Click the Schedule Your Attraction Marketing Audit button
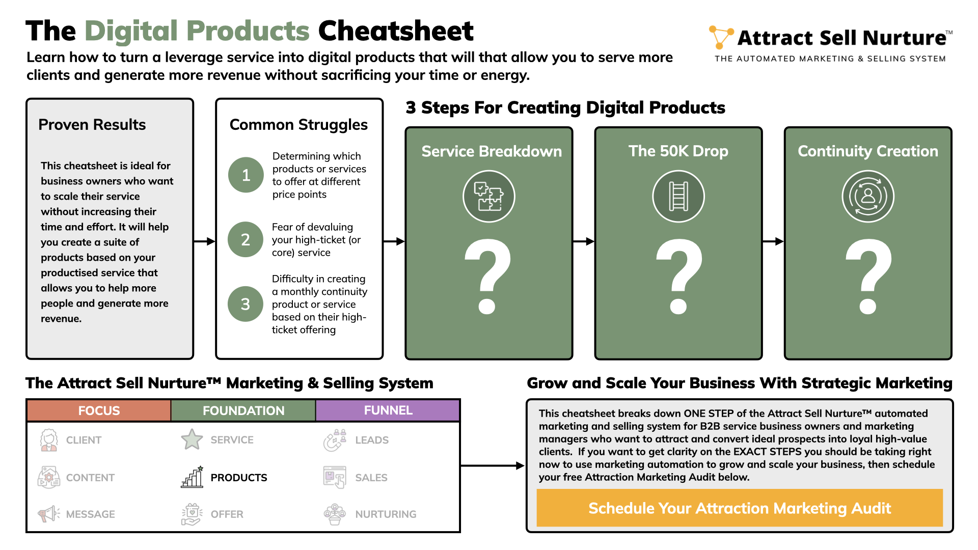pyautogui.click(x=740, y=508)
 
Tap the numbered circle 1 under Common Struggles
pyautogui.click(x=246, y=175)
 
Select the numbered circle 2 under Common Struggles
pyautogui.click(x=246, y=239)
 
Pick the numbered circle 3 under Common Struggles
pyautogui.click(x=246, y=304)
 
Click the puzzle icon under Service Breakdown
pyautogui.click(x=489, y=196)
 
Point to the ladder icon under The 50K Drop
pyautogui.click(x=678, y=196)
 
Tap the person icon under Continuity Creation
pyautogui.click(x=868, y=196)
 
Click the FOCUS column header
pyautogui.click(x=99, y=410)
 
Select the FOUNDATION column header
pyautogui.click(x=243, y=410)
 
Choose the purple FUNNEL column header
pyautogui.click(x=388, y=410)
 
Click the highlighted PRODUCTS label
pyautogui.click(x=239, y=478)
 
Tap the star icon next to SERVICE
pyautogui.click(x=192, y=439)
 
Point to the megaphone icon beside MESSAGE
pyautogui.click(x=49, y=514)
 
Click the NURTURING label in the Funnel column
pyautogui.click(x=386, y=514)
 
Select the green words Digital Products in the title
pyautogui.click(x=197, y=31)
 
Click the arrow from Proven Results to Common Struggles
pyautogui.click(x=204, y=241)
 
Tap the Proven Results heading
pyautogui.click(x=92, y=125)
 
